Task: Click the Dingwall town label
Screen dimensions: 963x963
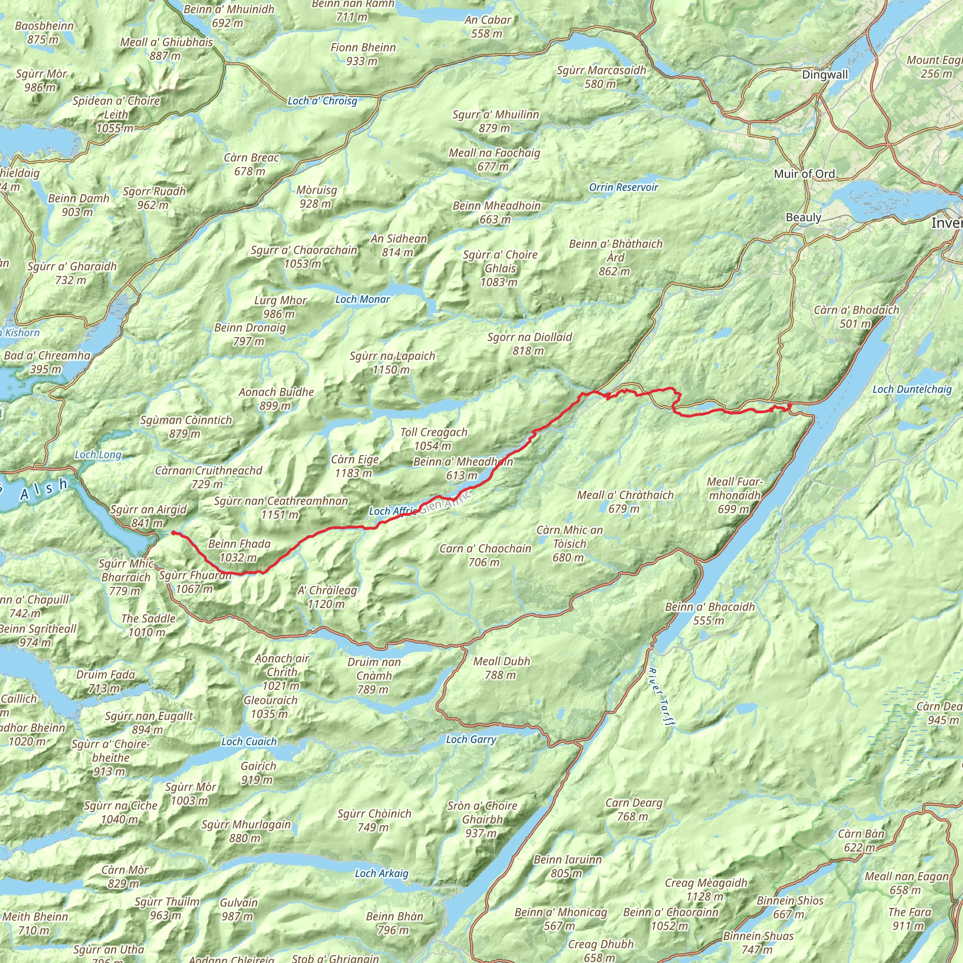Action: click(x=824, y=75)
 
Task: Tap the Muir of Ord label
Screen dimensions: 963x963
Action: click(x=804, y=174)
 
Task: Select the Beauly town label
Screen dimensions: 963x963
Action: click(x=803, y=217)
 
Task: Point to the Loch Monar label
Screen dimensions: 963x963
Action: click(x=363, y=299)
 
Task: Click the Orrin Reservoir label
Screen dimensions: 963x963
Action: click(x=623, y=188)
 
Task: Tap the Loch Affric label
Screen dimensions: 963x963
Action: click(x=392, y=511)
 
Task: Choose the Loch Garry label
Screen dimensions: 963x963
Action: click(x=471, y=739)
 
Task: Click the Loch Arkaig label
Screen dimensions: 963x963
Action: click(x=381, y=873)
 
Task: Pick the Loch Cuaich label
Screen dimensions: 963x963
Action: click(x=249, y=742)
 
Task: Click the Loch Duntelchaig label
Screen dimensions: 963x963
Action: click(x=912, y=389)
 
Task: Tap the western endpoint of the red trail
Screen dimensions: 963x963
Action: click(x=174, y=533)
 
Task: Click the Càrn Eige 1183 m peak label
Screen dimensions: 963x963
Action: click(x=355, y=466)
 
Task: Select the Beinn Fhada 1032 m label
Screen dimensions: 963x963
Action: click(x=239, y=550)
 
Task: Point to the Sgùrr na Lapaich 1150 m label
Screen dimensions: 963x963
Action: click(x=392, y=363)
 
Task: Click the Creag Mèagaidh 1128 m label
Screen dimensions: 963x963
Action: click(x=706, y=889)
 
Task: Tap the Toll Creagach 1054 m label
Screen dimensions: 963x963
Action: click(x=434, y=439)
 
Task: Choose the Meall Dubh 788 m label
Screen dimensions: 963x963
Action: click(x=501, y=668)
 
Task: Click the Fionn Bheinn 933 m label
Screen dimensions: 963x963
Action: click(x=363, y=54)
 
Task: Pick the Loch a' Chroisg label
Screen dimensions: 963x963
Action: click(x=323, y=101)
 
